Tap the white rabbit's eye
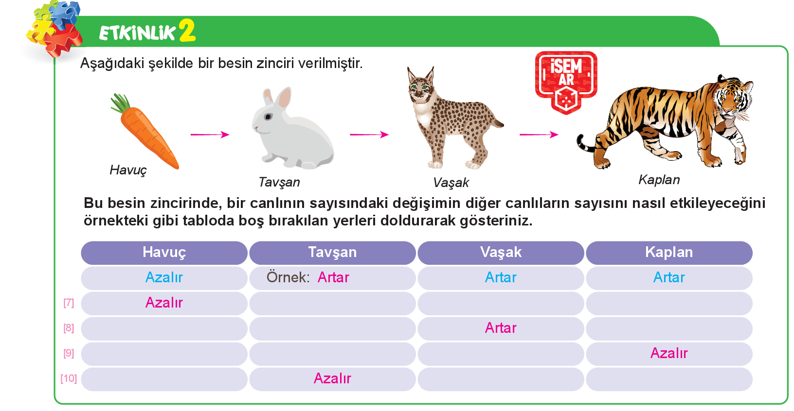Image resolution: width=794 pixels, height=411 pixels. (x=269, y=117)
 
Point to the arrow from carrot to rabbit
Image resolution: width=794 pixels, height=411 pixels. (x=210, y=135)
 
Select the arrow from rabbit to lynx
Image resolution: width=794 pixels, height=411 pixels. (x=369, y=135)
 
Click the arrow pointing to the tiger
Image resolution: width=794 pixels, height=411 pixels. (x=539, y=135)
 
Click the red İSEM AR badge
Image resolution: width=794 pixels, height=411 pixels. (x=566, y=82)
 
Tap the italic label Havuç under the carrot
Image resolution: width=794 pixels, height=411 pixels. (x=128, y=170)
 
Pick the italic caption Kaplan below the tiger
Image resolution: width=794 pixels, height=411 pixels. (x=659, y=180)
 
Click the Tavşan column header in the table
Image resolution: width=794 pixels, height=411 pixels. (x=332, y=253)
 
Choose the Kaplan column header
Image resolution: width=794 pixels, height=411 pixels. (x=669, y=252)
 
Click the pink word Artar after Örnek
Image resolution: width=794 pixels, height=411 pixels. (x=333, y=277)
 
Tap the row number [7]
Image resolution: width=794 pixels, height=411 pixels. (x=69, y=303)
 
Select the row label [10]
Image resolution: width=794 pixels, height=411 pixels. (x=69, y=378)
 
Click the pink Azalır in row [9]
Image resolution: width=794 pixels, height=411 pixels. (x=669, y=353)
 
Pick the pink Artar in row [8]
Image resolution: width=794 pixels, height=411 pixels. (x=501, y=328)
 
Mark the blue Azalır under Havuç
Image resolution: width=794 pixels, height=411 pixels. (x=164, y=277)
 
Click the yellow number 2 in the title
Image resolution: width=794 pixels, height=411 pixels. (x=187, y=31)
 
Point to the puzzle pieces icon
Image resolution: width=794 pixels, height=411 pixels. (x=54, y=28)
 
